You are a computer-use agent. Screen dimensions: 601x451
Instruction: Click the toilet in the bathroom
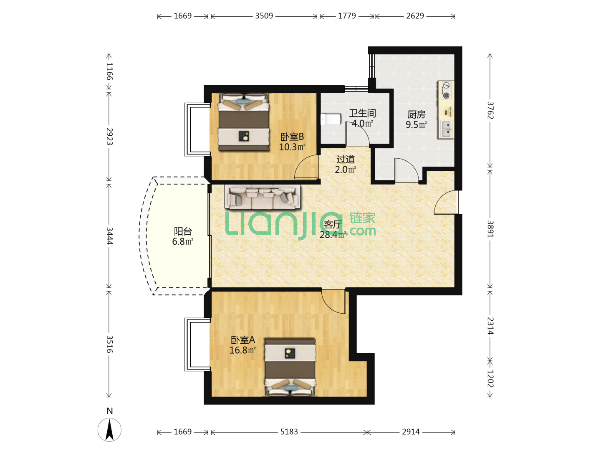click(331, 119)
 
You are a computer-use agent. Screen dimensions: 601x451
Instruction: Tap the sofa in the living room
click(262, 197)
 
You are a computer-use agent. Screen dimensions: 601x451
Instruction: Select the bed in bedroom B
click(243, 122)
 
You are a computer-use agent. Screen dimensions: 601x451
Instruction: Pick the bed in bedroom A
click(290, 367)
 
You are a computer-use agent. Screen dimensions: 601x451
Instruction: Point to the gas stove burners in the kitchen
click(446, 90)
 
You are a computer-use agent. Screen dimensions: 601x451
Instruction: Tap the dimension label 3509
click(264, 16)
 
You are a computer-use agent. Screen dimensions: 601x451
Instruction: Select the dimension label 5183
click(289, 432)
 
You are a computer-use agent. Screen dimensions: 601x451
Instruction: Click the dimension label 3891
click(490, 229)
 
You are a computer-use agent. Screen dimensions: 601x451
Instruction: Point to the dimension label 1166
click(109, 71)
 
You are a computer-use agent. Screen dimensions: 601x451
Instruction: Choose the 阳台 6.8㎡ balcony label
click(183, 236)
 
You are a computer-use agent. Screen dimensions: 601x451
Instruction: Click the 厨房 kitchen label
click(416, 114)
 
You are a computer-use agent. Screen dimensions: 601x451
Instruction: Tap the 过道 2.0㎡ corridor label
click(346, 164)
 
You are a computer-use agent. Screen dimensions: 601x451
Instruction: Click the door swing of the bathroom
click(357, 134)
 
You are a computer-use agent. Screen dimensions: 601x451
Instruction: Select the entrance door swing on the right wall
click(446, 202)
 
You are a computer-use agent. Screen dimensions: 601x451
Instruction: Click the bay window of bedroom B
click(197, 129)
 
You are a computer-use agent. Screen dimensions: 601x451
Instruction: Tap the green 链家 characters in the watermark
click(362, 218)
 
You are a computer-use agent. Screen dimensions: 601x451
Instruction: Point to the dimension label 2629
click(415, 16)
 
